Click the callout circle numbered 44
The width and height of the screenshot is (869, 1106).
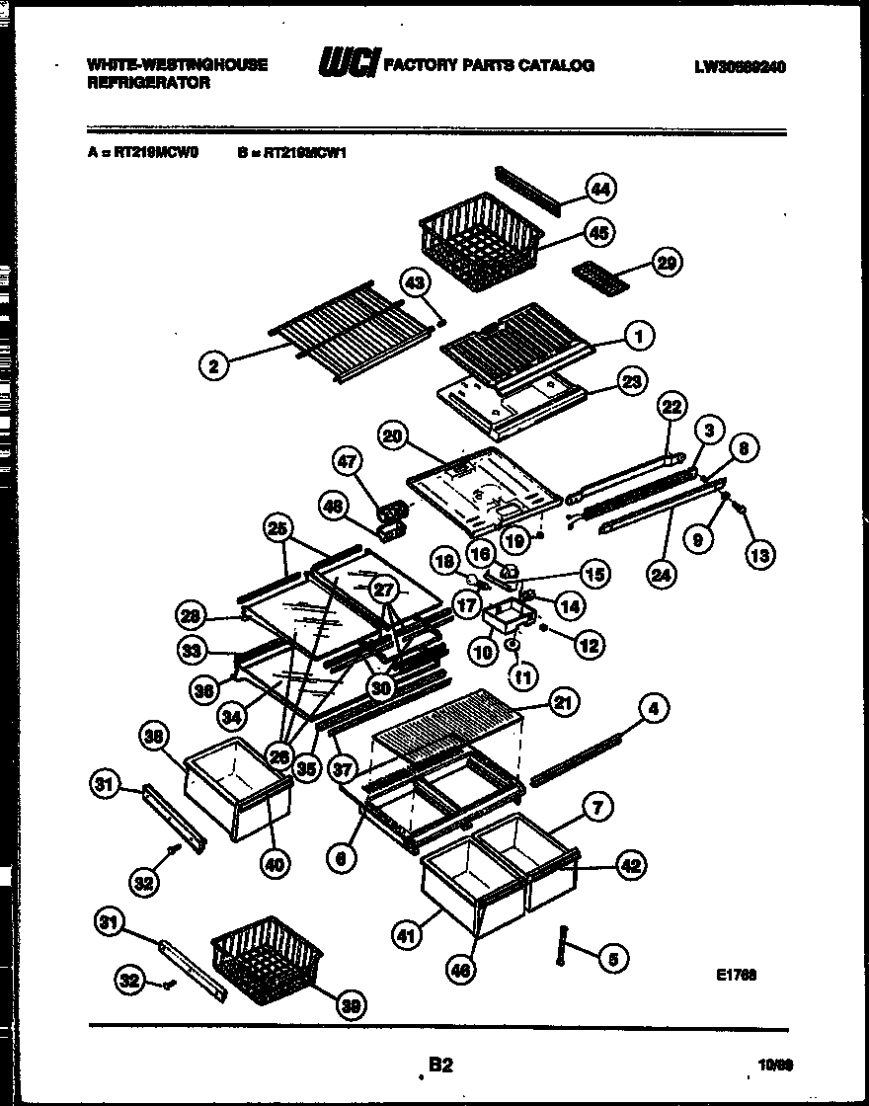click(599, 188)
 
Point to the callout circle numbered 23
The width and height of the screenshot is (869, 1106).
click(630, 381)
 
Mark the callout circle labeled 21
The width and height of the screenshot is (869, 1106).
click(563, 703)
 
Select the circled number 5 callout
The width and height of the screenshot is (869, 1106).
click(612, 956)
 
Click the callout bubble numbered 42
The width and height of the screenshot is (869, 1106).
click(631, 865)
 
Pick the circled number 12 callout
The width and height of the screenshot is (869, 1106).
click(589, 647)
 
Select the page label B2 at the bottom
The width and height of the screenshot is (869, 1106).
click(440, 1065)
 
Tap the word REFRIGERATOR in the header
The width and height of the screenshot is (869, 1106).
click(148, 84)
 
